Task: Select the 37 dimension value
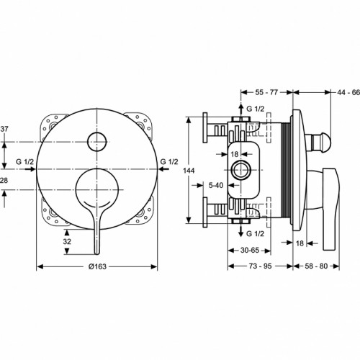coord(4,129)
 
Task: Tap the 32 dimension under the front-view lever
coord(68,243)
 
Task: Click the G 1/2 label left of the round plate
coord(24,162)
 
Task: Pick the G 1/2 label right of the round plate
coord(169,162)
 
